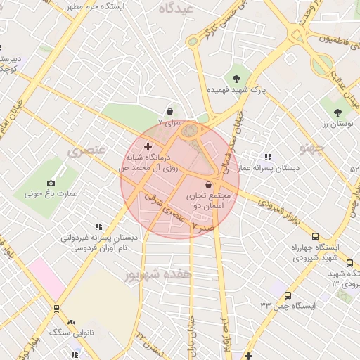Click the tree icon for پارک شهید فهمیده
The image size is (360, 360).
(x=236, y=79)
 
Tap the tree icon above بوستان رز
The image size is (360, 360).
(x=337, y=112)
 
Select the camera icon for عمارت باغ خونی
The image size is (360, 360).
(x=52, y=183)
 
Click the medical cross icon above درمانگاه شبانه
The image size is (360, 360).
(x=148, y=146)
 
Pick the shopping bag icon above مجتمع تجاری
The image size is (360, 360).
(x=207, y=184)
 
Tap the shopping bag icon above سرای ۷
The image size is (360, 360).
(x=169, y=111)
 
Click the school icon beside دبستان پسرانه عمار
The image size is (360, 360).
(x=267, y=157)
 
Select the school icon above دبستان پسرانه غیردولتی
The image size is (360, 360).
(x=98, y=226)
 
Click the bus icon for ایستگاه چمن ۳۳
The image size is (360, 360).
(x=288, y=295)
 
